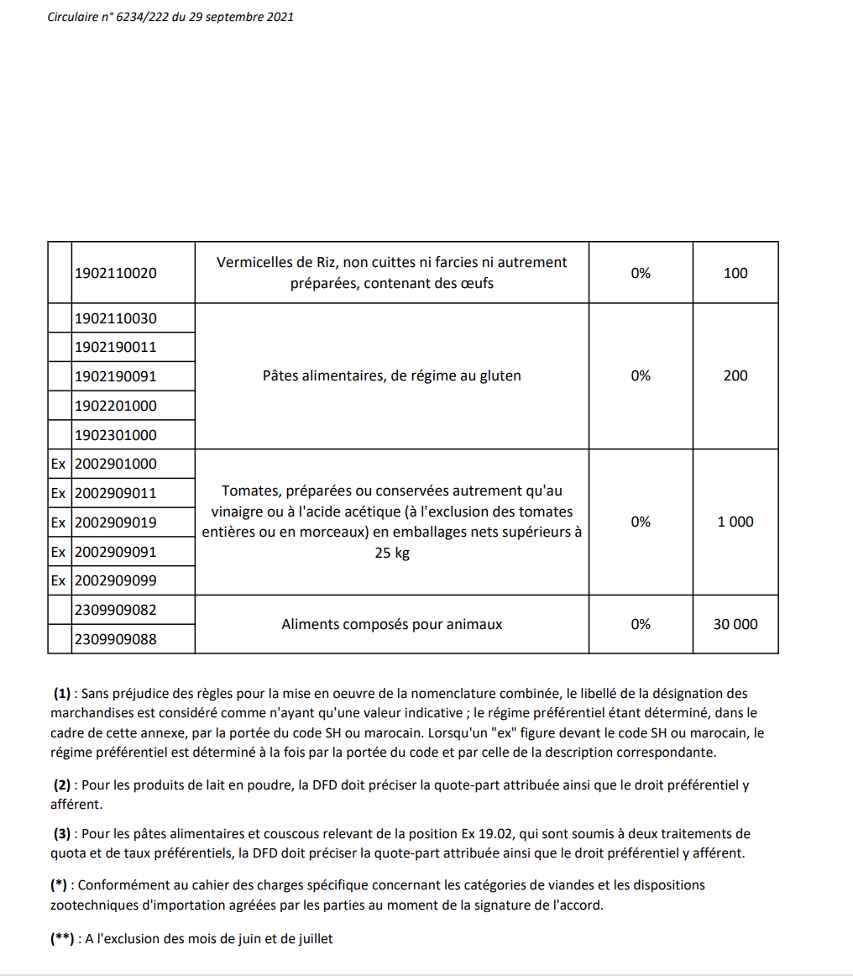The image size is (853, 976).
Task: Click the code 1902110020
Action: (x=116, y=273)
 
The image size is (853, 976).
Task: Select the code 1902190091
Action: (x=116, y=376)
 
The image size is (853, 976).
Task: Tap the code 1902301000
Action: (x=116, y=435)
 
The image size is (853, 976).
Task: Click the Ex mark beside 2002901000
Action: (x=58, y=464)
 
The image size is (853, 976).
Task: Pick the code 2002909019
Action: (x=116, y=522)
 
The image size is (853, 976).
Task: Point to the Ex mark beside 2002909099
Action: (x=58, y=580)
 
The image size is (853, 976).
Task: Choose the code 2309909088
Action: (x=116, y=639)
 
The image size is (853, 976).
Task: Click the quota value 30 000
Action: (x=735, y=624)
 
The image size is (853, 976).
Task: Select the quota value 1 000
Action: (x=735, y=522)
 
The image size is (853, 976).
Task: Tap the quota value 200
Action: (x=735, y=375)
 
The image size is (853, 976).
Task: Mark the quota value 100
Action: (x=735, y=273)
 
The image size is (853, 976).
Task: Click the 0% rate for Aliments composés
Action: (x=641, y=624)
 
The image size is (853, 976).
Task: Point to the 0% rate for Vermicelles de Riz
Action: (x=641, y=273)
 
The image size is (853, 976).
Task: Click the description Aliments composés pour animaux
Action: (x=392, y=624)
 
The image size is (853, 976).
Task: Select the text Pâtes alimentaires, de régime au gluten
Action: (x=392, y=375)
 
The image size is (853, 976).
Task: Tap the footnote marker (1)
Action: (x=62, y=694)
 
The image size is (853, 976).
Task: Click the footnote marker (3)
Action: (x=62, y=834)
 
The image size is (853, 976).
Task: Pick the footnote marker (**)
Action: (x=63, y=939)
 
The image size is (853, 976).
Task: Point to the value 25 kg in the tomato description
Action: (x=392, y=554)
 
